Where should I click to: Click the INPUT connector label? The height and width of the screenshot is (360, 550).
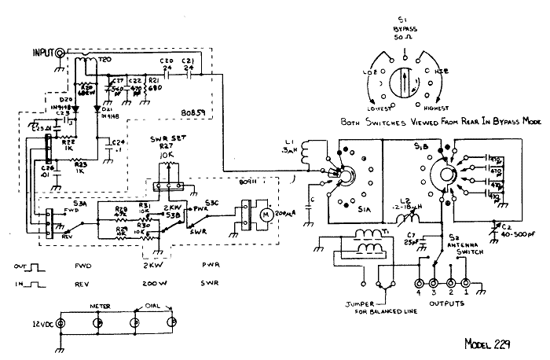tap(40, 53)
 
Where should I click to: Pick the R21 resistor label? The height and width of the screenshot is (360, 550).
tap(154, 80)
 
